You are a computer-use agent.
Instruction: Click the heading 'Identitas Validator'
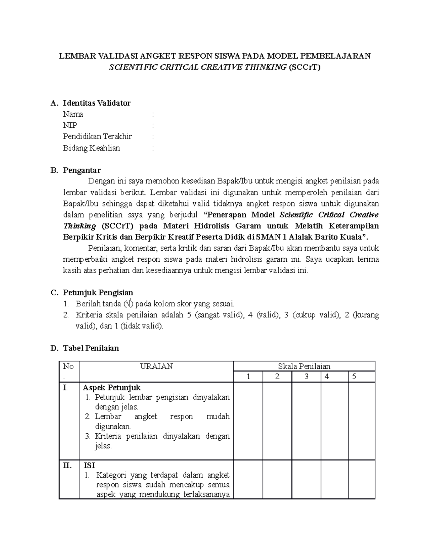coord(96,103)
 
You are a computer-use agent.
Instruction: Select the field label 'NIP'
coord(70,125)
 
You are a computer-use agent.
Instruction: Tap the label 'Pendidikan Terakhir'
coord(97,136)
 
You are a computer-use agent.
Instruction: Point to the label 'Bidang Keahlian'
coord(91,148)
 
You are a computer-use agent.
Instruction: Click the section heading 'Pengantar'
coord(82,170)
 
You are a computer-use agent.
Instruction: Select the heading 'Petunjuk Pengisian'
coord(98,292)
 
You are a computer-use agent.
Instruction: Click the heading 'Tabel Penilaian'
coord(91,348)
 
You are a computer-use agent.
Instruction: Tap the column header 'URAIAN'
coord(156,366)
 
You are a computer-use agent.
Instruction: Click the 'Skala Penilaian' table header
coord(304,366)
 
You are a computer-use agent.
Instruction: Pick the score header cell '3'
coord(306,377)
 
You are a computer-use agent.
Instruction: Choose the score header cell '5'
coord(354,377)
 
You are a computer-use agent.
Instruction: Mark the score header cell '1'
coord(248,377)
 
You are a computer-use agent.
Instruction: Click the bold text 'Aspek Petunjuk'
coord(112,387)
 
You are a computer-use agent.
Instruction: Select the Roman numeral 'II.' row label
coord(67,465)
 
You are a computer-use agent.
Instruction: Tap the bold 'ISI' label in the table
coord(89,465)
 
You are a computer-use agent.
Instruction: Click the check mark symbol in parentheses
coord(129,304)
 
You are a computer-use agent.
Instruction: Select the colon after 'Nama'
coord(153,114)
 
